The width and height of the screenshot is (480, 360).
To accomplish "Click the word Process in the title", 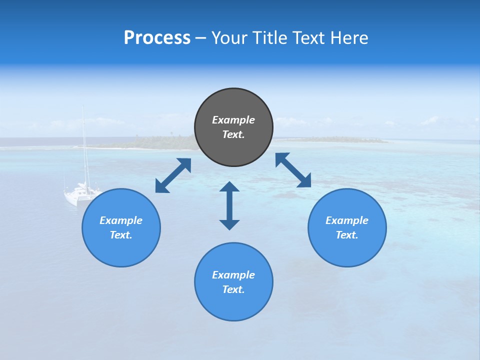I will [157, 38].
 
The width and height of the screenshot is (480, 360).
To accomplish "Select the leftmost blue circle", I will [121, 245].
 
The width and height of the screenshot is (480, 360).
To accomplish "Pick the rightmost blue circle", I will [347, 245].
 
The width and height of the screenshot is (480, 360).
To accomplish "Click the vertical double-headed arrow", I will [229, 205].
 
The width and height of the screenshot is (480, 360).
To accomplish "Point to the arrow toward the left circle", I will [173, 175].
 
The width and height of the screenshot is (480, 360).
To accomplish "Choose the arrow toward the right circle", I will [293, 170].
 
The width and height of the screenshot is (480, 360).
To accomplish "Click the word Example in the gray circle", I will [233, 120].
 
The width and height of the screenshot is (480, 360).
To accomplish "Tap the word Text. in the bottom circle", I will [233, 289].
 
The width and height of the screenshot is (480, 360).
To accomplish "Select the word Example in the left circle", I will [121, 220].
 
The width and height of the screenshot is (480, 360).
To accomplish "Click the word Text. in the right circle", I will [347, 235].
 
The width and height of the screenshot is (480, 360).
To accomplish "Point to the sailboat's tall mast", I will [84, 145].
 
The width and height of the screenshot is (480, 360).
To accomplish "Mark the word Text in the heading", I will [310, 38].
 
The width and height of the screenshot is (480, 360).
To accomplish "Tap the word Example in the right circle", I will [347, 220].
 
